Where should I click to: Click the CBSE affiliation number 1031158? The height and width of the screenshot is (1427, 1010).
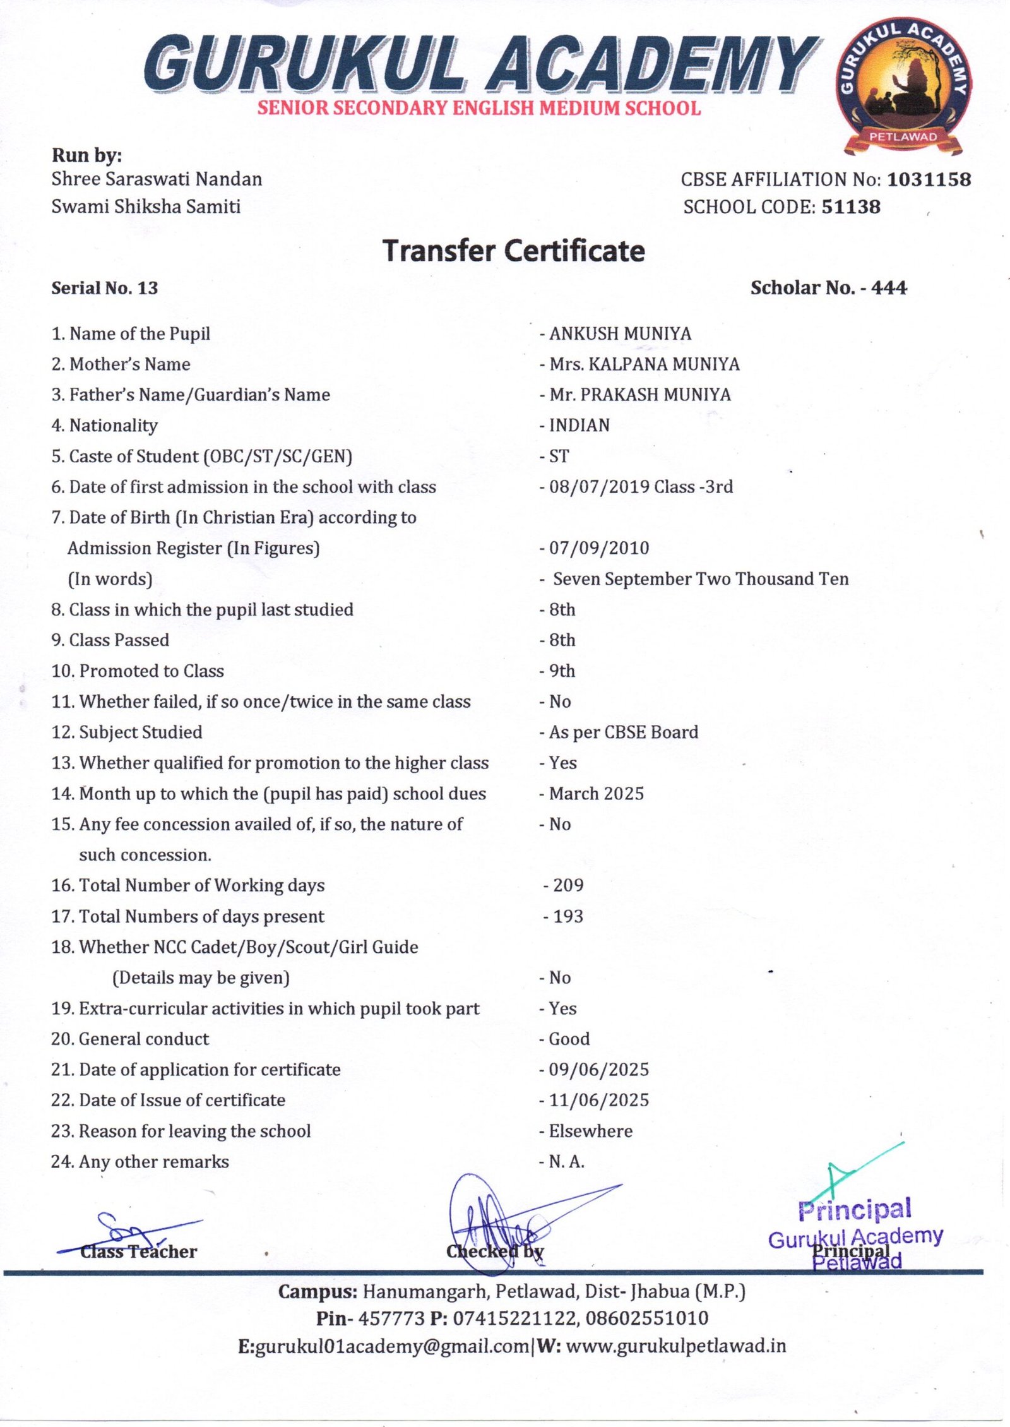click(x=929, y=180)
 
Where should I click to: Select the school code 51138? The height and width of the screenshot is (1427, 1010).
click(x=850, y=207)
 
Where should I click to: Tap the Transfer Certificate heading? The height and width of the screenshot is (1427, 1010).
click(x=514, y=251)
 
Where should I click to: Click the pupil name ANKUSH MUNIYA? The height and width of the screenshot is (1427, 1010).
click(x=620, y=334)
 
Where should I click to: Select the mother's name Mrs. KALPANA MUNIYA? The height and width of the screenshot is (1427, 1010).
click(x=644, y=364)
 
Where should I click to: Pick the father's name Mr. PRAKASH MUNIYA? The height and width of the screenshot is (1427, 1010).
click(x=639, y=395)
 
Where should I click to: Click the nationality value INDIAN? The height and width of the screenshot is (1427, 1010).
click(x=579, y=426)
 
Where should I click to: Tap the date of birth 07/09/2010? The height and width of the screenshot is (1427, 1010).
click(x=598, y=548)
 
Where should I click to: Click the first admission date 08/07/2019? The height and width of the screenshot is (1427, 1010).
click(x=598, y=487)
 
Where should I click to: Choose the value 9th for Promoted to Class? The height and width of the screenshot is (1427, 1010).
click(x=562, y=671)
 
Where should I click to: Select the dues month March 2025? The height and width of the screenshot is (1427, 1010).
click(x=596, y=794)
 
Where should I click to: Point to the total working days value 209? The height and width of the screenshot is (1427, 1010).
click(x=567, y=885)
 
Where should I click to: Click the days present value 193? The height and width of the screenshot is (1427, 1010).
click(x=567, y=916)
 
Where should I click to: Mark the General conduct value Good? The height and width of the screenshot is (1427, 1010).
click(x=569, y=1039)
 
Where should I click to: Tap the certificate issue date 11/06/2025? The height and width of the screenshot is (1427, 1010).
click(x=598, y=1100)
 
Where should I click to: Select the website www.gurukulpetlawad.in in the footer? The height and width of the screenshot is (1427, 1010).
click(x=675, y=1346)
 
